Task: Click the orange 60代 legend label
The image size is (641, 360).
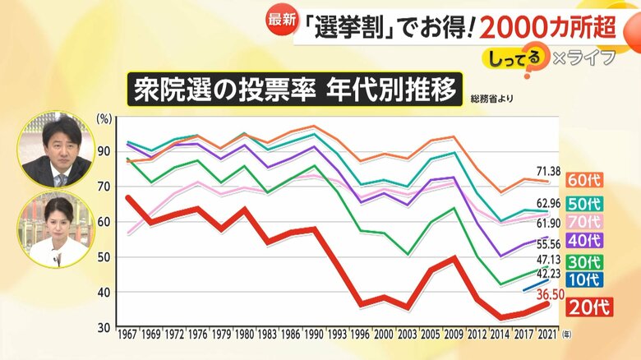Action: pyautogui.click(x=584, y=180)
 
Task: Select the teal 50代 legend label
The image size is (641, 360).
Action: pyautogui.click(x=584, y=203)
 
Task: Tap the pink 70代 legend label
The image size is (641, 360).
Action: pyautogui.click(x=584, y=222)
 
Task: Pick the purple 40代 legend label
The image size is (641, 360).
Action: pyautogui.click(x=584, y=242)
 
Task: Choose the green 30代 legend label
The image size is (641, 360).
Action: pyautogui.click(x=584, y=261)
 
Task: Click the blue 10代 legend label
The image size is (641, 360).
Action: pyautogui.click(x=584, y=279)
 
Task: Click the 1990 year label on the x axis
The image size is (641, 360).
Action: pyautogui.click(x=313, y=335)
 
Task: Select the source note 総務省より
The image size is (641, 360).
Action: pyautogui.click(x=492, y=99)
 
